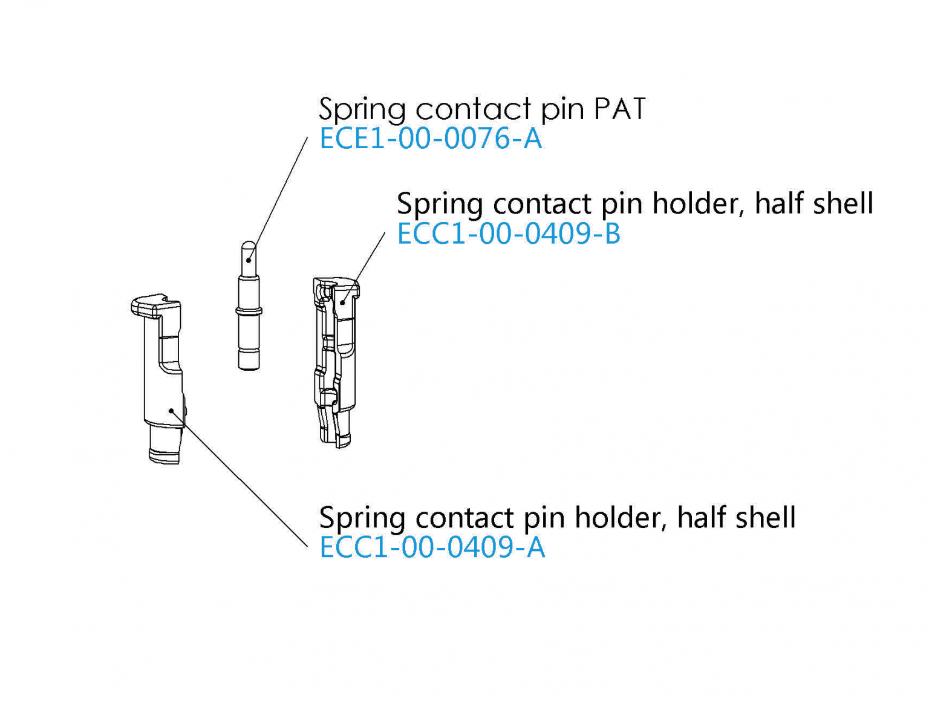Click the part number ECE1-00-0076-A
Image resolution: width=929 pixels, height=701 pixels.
430,139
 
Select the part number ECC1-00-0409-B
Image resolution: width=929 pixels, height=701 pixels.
508,234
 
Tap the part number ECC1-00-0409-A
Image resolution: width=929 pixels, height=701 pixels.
432,548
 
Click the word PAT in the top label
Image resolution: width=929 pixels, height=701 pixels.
619,109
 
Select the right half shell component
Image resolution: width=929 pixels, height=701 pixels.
334,363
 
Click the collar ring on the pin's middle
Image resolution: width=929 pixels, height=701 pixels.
249,311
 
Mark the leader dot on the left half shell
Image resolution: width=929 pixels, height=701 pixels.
172,411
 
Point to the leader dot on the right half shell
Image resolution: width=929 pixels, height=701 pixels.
342,302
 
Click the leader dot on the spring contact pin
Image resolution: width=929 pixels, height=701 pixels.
249,261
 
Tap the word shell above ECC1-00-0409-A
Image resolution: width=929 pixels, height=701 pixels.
765,518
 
